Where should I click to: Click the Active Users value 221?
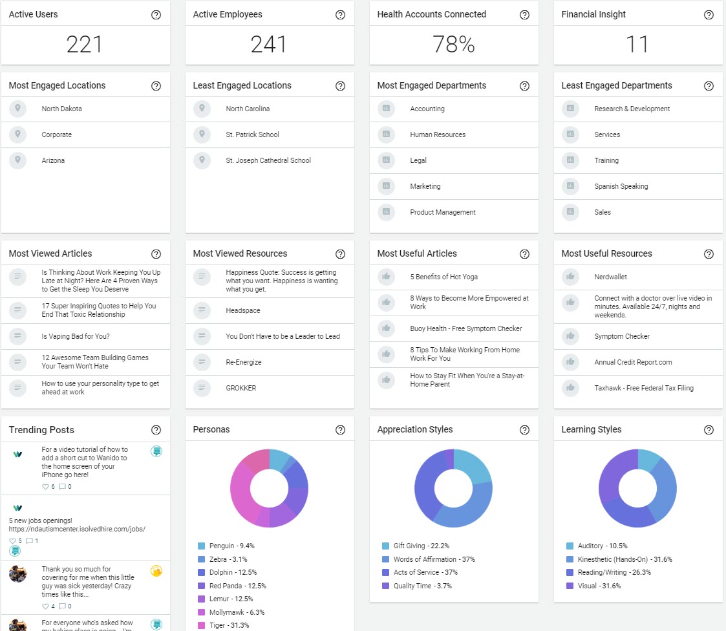pos(85,45)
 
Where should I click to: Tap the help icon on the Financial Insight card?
pos(709,15)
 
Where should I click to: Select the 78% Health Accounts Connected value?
pos(453,45)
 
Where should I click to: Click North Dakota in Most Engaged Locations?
pos(61,109)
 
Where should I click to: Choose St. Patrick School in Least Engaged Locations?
pos(252,134)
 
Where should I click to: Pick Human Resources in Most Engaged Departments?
pos(437,134)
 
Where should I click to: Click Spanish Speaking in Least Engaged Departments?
pos(621,186)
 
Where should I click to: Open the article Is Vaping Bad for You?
pos(75,336)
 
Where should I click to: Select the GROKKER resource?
pos(240,388)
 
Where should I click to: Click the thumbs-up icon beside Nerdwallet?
pos(570,277)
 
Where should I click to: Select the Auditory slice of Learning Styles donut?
pos(648,460)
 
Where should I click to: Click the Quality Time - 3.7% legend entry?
pos(422,586)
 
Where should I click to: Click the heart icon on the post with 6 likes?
pos(45,487)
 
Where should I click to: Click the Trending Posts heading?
pos(41,430)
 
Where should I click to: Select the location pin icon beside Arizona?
pos(18,160)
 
